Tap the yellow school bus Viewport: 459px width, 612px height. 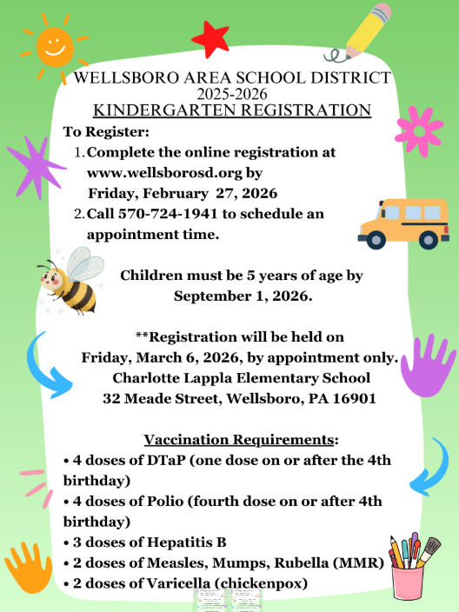402,223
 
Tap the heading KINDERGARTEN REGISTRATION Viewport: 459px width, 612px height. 232,110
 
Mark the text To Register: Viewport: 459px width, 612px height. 107,131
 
